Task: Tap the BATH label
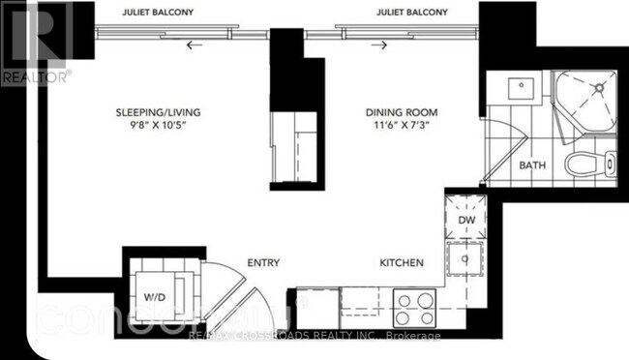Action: point(532,165)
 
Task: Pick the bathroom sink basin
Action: point(513,84)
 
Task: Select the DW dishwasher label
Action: point(464,220)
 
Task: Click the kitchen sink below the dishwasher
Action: point(464,259)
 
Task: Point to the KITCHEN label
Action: point(400,262)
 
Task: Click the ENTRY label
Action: point(263,262)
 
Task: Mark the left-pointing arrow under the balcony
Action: point(196,44)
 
